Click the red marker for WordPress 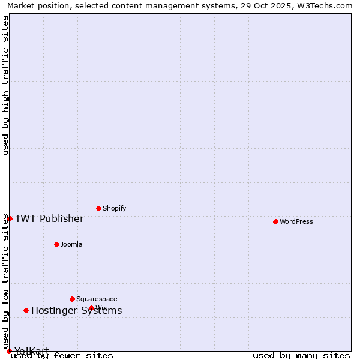(x=275, y=221)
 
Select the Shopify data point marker (x=98, y=208)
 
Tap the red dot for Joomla (x=56, y=244)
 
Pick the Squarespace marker (x=72, y=299)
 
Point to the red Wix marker (x=91, y=308)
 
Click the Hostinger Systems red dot (x=26, y=310)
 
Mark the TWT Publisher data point (x=10, y=218)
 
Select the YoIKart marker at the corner (x=9, y=351)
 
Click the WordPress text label (x=296, y=221)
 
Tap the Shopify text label (x=115, y=208)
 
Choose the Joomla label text (x=71, y=244)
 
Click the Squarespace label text (x=97, y=299)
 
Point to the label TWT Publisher (x=49, y=218)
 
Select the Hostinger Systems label (x=76, y=310)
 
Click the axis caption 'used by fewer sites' (x=62, y=355)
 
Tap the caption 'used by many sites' (x=301, y=355)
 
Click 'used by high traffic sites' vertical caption (x=5, y=85)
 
